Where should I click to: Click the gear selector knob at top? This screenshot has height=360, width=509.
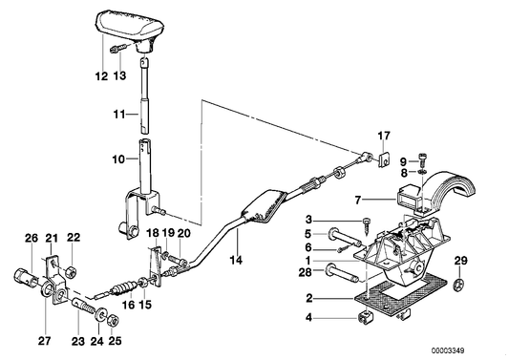click(x=128, y=27)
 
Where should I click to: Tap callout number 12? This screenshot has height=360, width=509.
click(x=102, y=75)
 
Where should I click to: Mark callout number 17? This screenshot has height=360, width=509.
click(x=384, y=136)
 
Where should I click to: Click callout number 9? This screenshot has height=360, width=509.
click(x=404, y=159)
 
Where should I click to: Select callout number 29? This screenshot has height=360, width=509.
click(x=460, y=261)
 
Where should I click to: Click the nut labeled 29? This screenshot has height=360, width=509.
click(x=459, y=284)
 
